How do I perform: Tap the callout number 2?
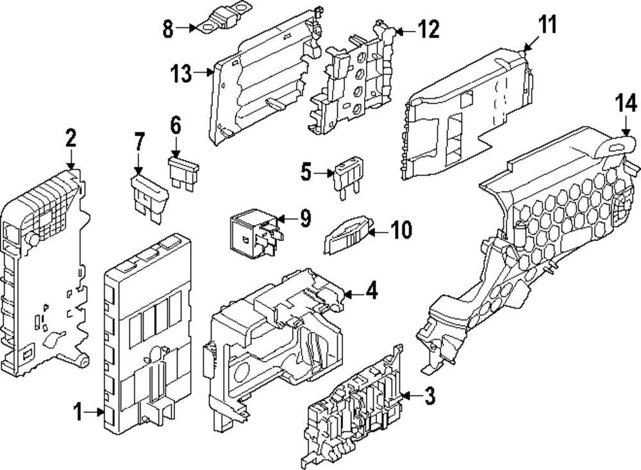coord(71,138)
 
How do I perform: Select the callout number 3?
coord(429,398)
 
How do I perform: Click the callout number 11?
coord(547,27)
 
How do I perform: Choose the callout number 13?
coord(181,74)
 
